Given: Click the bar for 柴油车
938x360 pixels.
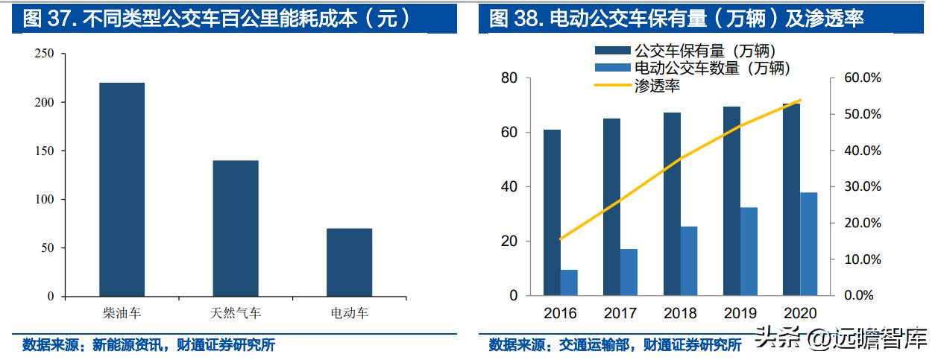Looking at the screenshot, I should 122,189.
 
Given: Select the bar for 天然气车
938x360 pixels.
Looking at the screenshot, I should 236,228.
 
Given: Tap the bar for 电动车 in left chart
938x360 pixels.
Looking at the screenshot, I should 350,262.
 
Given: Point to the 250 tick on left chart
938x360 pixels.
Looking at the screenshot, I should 45,54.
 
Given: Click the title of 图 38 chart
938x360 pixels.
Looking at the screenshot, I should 676,18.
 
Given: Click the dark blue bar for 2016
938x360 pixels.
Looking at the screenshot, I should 552,212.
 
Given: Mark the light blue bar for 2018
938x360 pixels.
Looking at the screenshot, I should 689,261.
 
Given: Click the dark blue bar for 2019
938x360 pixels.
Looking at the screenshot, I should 731,201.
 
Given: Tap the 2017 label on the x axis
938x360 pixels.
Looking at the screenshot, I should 620,314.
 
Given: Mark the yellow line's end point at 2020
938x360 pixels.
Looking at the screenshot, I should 800,100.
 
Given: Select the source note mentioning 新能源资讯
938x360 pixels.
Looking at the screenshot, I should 148,345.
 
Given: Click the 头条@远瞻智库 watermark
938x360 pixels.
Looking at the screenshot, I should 840,339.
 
